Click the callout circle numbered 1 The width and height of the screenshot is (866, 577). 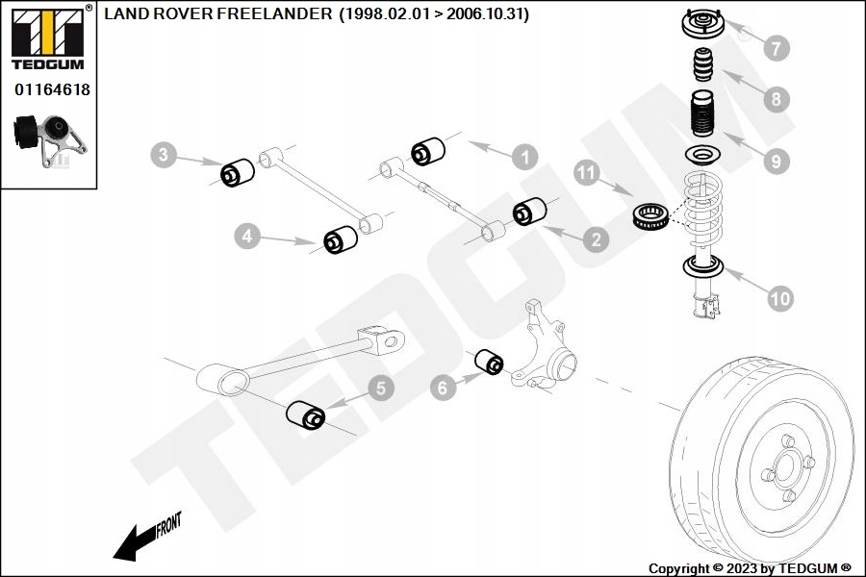(524, 157)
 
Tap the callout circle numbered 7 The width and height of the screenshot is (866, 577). (777, 48)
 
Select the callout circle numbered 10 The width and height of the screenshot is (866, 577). (779, 298)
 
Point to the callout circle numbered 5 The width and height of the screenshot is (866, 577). (381, 388)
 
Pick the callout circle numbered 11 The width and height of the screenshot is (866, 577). (587, 173)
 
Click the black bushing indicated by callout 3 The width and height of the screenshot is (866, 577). (238, 173)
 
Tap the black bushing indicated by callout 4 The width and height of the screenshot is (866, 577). (341, 239)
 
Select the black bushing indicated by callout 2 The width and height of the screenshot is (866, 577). (529, 211)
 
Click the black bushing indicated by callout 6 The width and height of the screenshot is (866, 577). (490, 362)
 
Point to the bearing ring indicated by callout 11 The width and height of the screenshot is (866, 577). (650, 216)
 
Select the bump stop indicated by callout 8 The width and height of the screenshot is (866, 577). (703, 65)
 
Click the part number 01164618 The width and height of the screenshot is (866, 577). (52, 89)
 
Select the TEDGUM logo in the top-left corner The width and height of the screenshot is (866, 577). (48, 38)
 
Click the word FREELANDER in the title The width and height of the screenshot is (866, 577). (274, 13)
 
